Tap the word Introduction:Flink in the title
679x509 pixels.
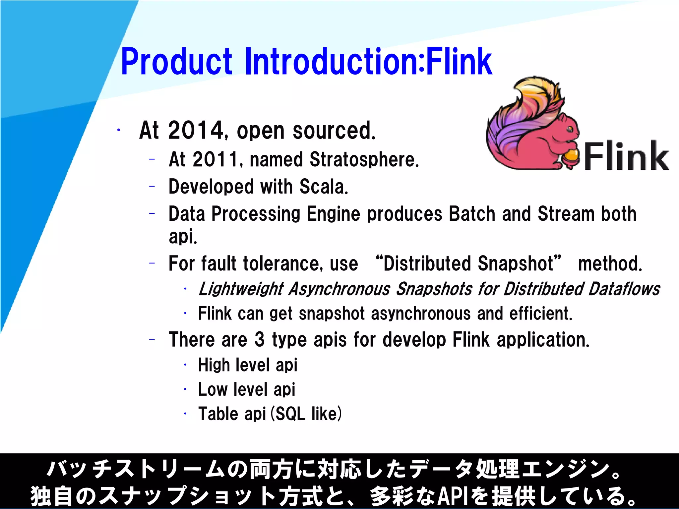point(368,62)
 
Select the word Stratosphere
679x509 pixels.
point(364,159)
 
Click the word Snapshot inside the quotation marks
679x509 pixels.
point(516,264)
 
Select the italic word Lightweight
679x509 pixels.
point(241,289)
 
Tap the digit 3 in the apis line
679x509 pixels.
point(260,340)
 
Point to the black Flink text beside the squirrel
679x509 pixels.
point(626,156)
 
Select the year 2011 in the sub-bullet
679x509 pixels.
point(215,159)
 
